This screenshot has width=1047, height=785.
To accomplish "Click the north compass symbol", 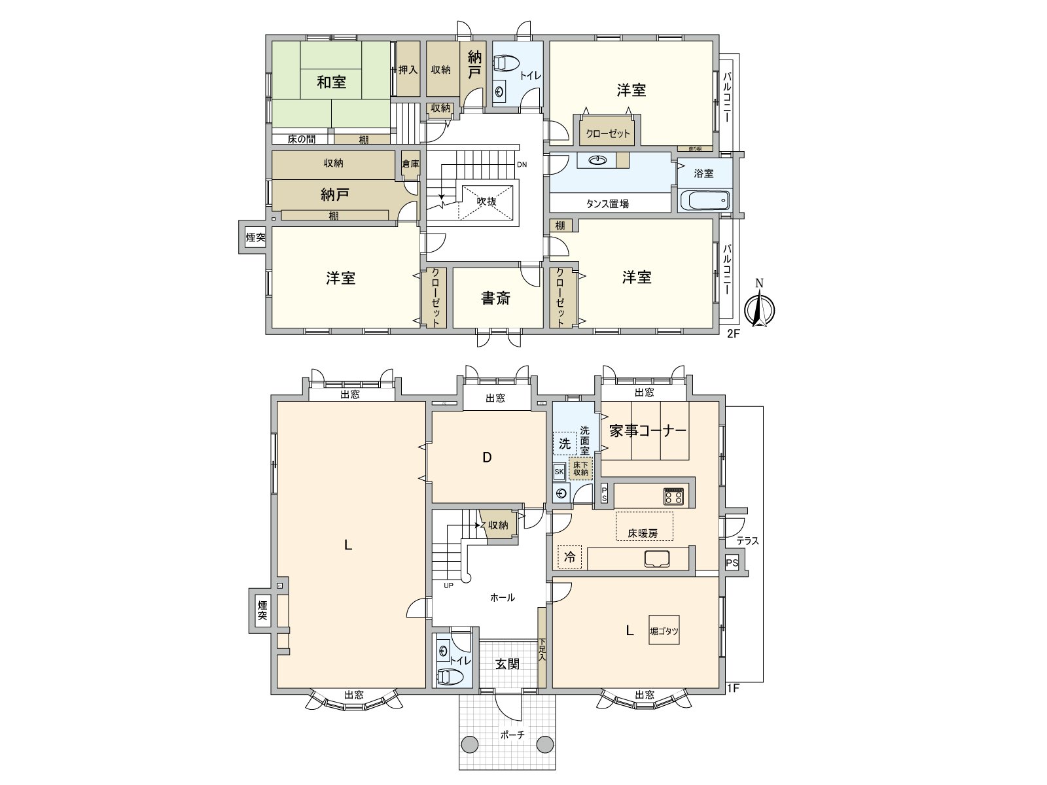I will coord(759,307).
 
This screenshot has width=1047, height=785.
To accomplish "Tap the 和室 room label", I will coord(331,82).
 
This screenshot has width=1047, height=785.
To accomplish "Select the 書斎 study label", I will coord(495,298).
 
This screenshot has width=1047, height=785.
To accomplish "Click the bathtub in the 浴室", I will coord(705,200).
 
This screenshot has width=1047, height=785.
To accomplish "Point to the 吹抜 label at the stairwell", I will coord(486,202).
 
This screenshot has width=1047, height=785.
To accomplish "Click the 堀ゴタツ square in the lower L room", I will coord(664,631).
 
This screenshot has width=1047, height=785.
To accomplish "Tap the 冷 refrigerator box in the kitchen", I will coord(570,557).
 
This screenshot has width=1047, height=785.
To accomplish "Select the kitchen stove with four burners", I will coord(673,497).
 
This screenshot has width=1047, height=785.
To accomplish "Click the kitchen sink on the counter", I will coord(656,559).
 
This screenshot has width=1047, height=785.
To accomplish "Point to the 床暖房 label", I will coord(643,533).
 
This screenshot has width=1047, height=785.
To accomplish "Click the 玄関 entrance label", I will coord(507,664).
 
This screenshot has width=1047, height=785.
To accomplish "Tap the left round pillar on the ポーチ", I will coord(470,744).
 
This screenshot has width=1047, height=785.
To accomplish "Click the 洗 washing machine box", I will coord(565,444).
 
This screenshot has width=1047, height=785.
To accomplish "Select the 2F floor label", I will coord(733,334).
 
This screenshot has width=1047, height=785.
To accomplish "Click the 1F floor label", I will coord(733,688).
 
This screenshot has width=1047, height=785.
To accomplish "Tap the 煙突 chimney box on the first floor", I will coord(262,610).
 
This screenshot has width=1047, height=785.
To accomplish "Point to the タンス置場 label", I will coord(607,203).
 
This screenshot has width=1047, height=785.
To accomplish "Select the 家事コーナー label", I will coord(647,430).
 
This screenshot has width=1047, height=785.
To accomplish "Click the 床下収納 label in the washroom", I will coord(580,468).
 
